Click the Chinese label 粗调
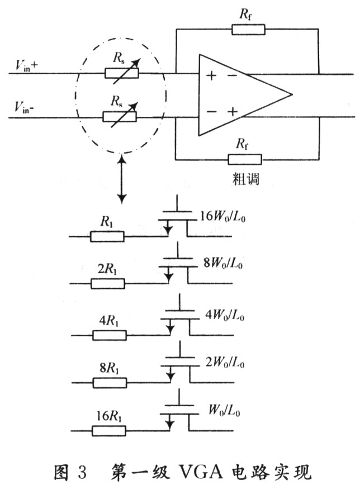pos(245,179)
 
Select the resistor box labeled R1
pos(107,236)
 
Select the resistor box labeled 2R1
pos(107,283)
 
